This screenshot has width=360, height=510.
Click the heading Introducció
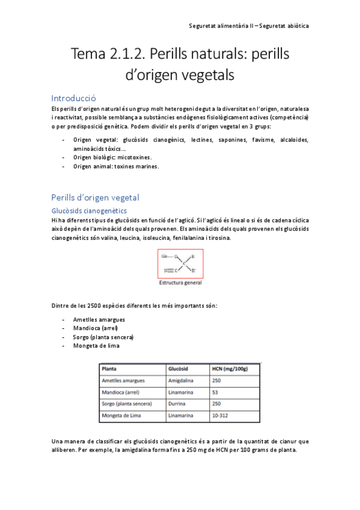tap(75, 97)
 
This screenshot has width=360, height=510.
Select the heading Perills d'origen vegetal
tap(95, 197)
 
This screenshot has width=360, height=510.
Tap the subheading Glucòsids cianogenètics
tap(88, 210)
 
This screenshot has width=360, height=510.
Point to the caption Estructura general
tap(180, 282)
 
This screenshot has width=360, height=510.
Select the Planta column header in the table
tap(109, 368)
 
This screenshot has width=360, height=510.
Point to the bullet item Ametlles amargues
tap(99, 319)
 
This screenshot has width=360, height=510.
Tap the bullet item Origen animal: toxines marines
tap(115, 166)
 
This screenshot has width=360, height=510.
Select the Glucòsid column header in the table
tap(179, 368)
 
